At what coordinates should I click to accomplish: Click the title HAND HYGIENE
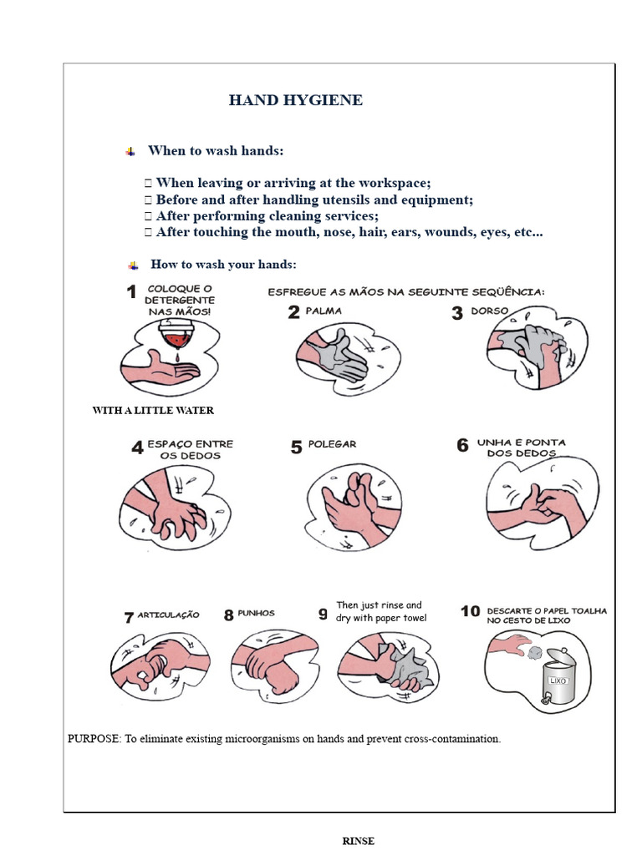coord(296,100)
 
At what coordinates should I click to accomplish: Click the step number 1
coord(131,292)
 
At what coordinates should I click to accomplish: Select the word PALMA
coord(324,311)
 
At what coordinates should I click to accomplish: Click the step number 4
coord(137,448)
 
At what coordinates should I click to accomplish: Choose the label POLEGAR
coord(334,445)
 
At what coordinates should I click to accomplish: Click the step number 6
coord(462,446)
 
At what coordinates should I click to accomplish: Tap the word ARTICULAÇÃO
coord(168,615)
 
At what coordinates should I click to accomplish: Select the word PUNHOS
coord(256,613)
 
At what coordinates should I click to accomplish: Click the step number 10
coord(470,612)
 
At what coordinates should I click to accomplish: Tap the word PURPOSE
coord(94,739)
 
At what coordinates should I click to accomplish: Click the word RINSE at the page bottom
coord(359,841)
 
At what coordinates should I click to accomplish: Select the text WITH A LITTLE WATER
coord(153,410)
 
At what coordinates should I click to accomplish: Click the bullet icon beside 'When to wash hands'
coord(130,151)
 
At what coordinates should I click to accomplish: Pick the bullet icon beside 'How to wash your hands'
coord(132,265)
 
